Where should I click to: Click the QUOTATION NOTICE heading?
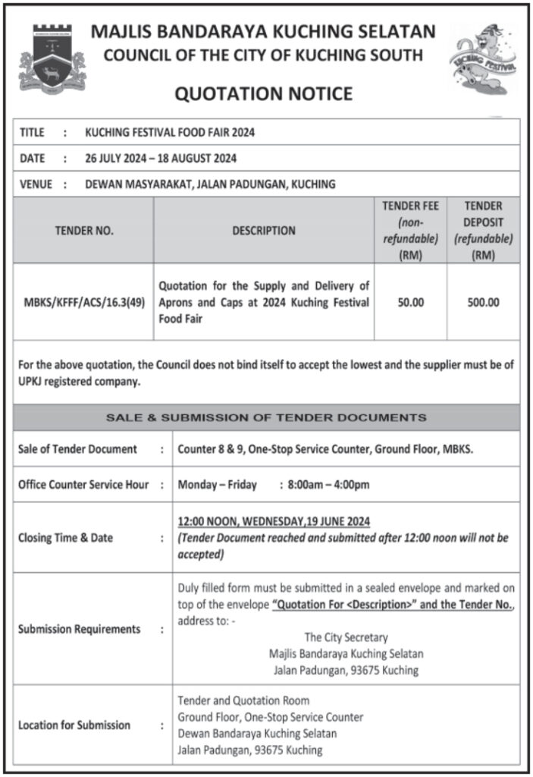tap(264, 94)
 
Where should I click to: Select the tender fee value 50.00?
tap(410, 302)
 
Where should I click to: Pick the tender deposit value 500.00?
tap(483, 302)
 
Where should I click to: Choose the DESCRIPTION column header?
tap(264, 231)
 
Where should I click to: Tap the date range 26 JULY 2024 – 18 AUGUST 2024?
tap(161, 159)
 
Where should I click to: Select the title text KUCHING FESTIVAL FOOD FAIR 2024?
tap(170, 133)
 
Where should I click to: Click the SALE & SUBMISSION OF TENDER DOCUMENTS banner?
tap(266, 417)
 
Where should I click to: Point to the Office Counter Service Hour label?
tap(83, 485)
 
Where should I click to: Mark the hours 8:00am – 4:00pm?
tap(329, 485)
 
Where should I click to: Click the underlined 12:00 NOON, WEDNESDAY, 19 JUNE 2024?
tap(274, 521)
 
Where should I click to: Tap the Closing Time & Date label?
tap(65, 538)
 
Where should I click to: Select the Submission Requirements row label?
tap(79, 629)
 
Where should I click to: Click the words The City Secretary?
tap(346, 637)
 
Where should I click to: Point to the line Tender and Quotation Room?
tap(243, 700)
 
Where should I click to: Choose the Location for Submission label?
tap(74, 725)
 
